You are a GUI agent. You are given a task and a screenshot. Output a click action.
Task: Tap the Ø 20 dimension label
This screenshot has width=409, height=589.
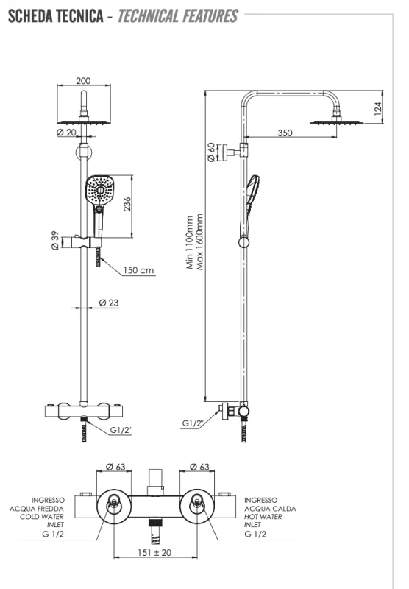point(66,132)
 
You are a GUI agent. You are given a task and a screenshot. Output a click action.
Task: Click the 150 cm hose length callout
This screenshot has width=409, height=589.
point(139,270)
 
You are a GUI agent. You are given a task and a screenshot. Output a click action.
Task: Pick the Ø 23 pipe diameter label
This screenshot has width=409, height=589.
point(109,303)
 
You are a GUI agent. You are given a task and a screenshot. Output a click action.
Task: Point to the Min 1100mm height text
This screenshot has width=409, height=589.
point(190,243)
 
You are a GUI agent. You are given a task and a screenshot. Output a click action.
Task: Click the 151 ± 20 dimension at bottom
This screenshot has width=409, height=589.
point(154,551)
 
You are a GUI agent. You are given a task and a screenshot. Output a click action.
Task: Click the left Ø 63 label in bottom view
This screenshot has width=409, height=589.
point(117,466)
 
